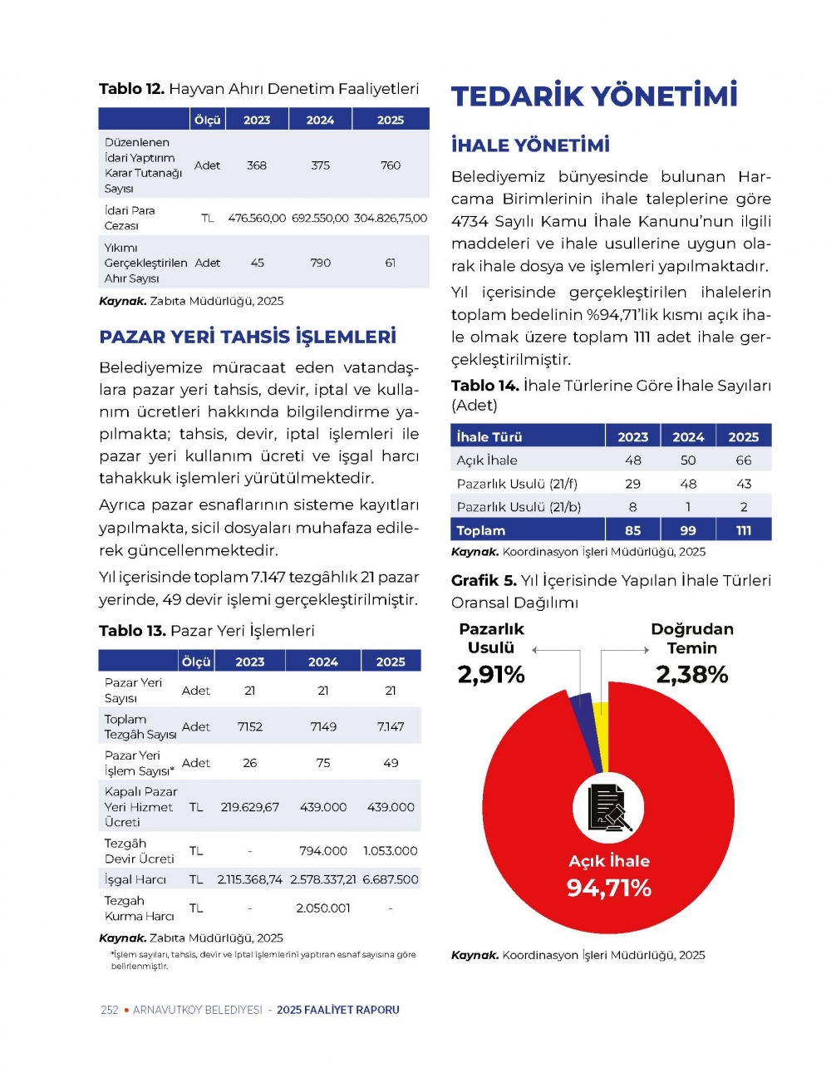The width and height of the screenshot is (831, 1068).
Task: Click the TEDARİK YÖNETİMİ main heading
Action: coord(594,96)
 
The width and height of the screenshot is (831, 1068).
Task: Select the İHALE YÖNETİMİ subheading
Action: coord(530,145)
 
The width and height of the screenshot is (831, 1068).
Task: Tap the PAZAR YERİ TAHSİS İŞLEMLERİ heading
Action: coord(248,337)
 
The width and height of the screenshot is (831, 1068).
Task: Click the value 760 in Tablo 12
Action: coord(391,165)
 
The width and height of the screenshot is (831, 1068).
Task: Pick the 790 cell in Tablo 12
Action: coord(321,263)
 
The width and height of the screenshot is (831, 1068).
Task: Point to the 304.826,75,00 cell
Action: coord(391,218)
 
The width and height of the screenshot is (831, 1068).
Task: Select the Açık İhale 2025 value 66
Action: coord(744,460)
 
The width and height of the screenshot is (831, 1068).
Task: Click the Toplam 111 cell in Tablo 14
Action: coord(744,530)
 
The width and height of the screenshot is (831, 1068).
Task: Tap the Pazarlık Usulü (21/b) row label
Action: coord(519,507)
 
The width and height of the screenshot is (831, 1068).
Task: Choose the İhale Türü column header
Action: coord(489,437)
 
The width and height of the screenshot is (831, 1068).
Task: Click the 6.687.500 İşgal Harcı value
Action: coord(391,879)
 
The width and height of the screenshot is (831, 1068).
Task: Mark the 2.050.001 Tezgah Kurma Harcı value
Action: coord(323,908)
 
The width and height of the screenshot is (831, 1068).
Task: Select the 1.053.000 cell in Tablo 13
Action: coord(391,851)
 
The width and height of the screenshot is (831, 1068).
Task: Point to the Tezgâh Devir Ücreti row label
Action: coord(140,851)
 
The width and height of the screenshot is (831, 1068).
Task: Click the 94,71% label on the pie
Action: coord(609,888)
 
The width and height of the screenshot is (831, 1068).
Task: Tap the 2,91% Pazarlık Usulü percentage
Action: coord(491,675)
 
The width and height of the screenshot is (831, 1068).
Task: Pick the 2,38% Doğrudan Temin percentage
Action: coord(692,675)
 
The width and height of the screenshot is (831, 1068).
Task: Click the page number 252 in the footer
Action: coord(110,1010)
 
